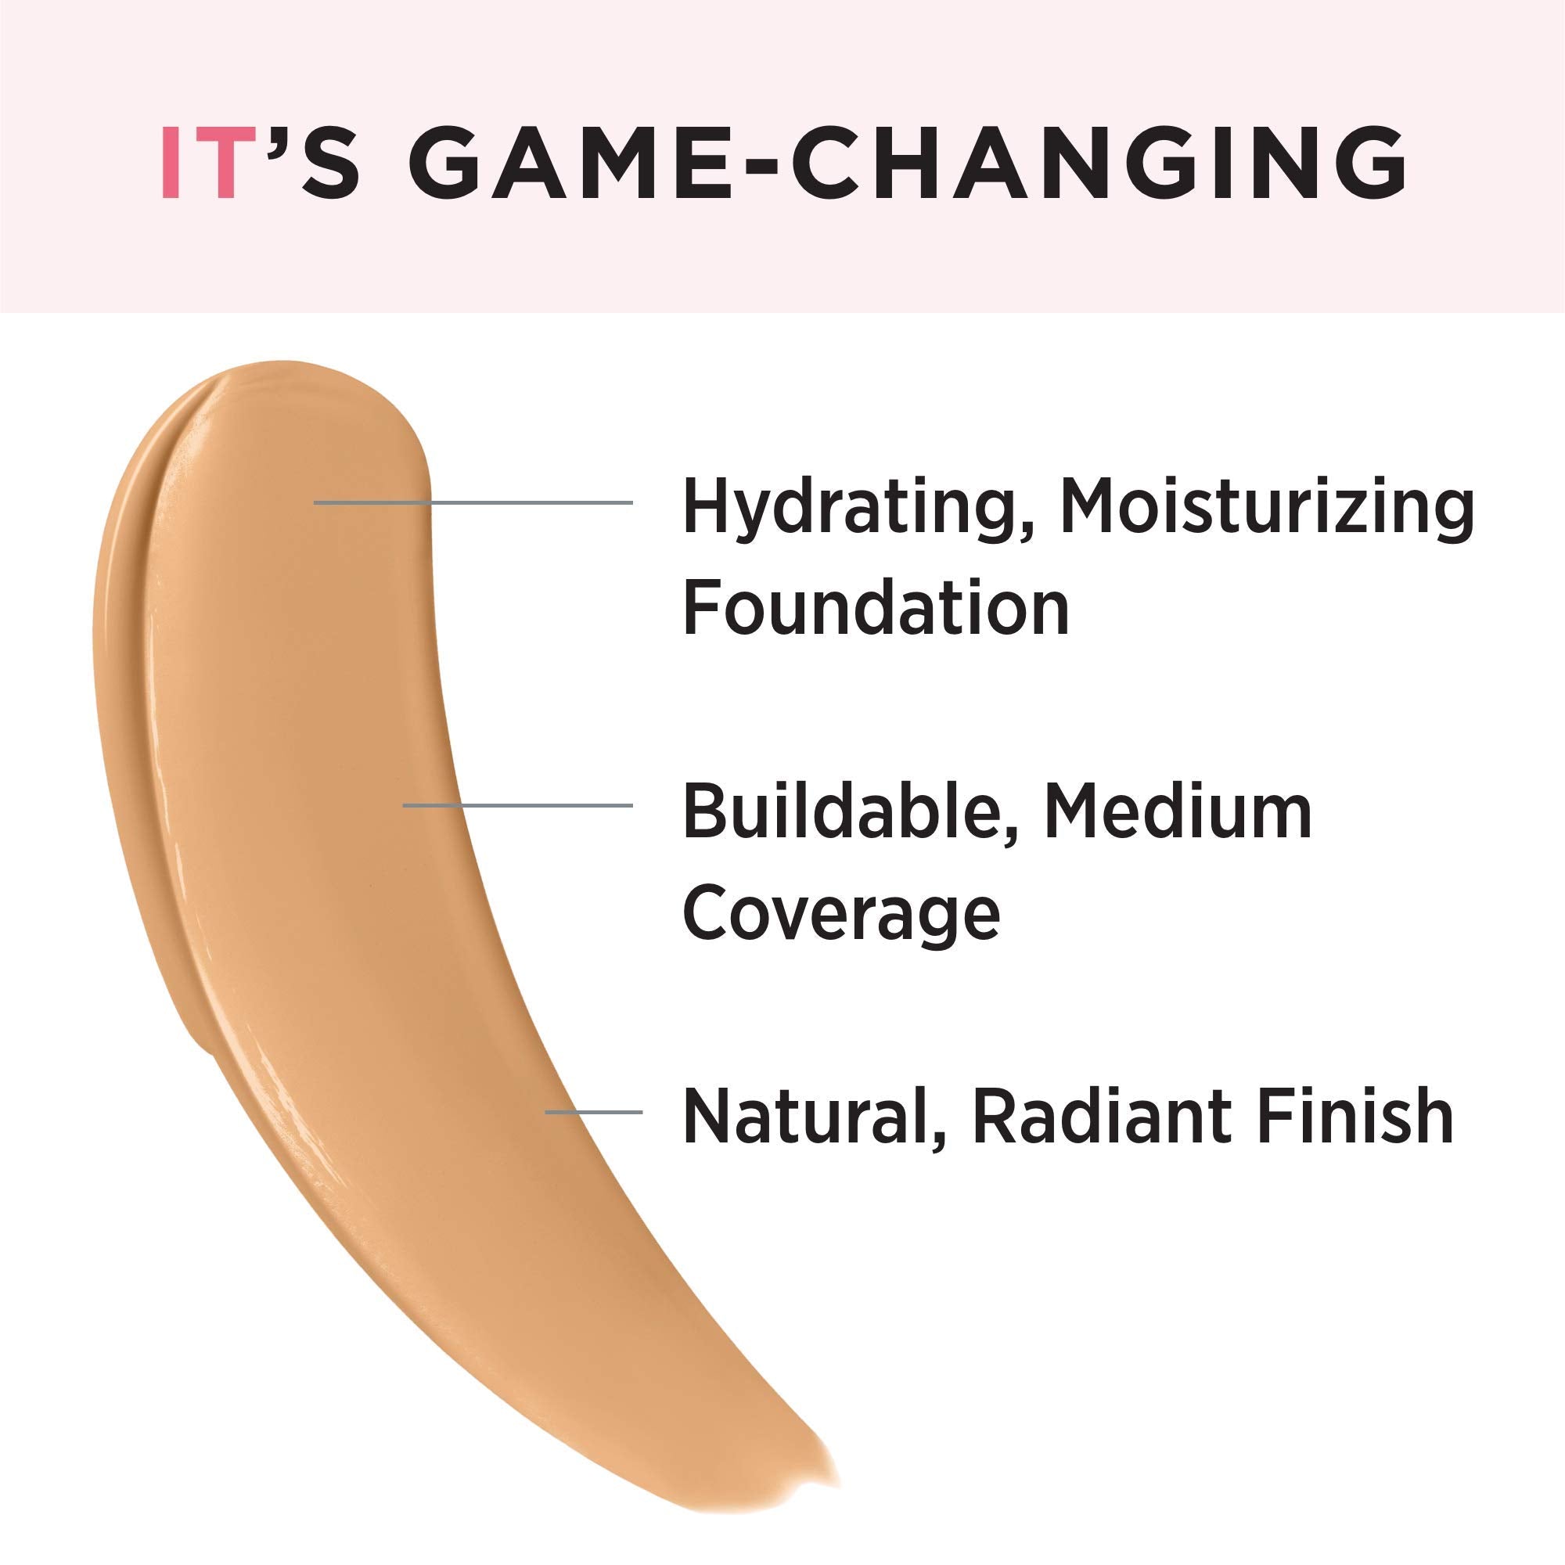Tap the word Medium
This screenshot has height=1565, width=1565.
pyautogui.click(x=1178, y=811)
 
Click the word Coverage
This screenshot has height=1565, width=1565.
pyautogui.click(x=842, y=914)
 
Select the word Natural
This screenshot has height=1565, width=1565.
pyautogui.click(x=807, y=1117)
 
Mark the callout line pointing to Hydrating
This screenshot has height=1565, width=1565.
pyautogui.click(x=473, y=503)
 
